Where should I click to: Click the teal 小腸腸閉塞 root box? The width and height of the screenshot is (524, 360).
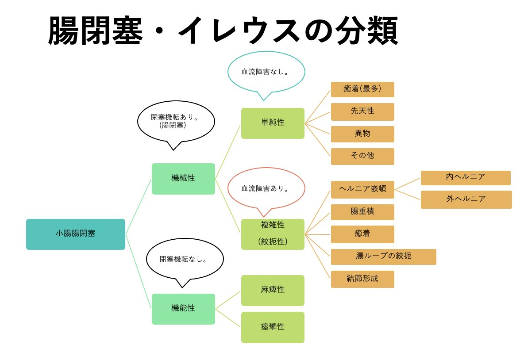pos(76,234)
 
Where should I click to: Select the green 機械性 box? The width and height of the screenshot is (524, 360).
pos(183,179)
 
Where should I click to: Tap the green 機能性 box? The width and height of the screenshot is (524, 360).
pos(183,309)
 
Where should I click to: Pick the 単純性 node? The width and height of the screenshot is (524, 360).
pos(273,123)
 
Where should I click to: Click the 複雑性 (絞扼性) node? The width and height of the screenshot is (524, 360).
pos(273,234)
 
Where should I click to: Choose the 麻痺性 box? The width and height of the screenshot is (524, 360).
pos(273,290)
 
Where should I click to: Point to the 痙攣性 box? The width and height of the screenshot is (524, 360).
pos(273,327)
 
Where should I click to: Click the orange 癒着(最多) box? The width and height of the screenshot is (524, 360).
pos(362,89)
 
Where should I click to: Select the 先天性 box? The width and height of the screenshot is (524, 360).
pos(362,111)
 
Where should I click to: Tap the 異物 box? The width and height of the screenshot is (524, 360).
pos(362,134)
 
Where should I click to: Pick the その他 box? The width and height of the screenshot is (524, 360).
pos(362,156)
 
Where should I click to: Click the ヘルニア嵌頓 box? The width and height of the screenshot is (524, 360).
pos(362,189)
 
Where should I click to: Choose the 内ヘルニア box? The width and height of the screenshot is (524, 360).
pos(466,178)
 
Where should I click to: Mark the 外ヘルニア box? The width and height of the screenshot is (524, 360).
pos(466,199)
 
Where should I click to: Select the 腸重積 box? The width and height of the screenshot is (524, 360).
pos(362,212)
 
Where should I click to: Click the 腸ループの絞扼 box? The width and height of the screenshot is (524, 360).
pos(383,257)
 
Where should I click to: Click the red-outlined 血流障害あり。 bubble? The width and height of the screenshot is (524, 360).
pos(266,189)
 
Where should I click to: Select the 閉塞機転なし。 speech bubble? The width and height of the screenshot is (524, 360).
pos(185,260)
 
